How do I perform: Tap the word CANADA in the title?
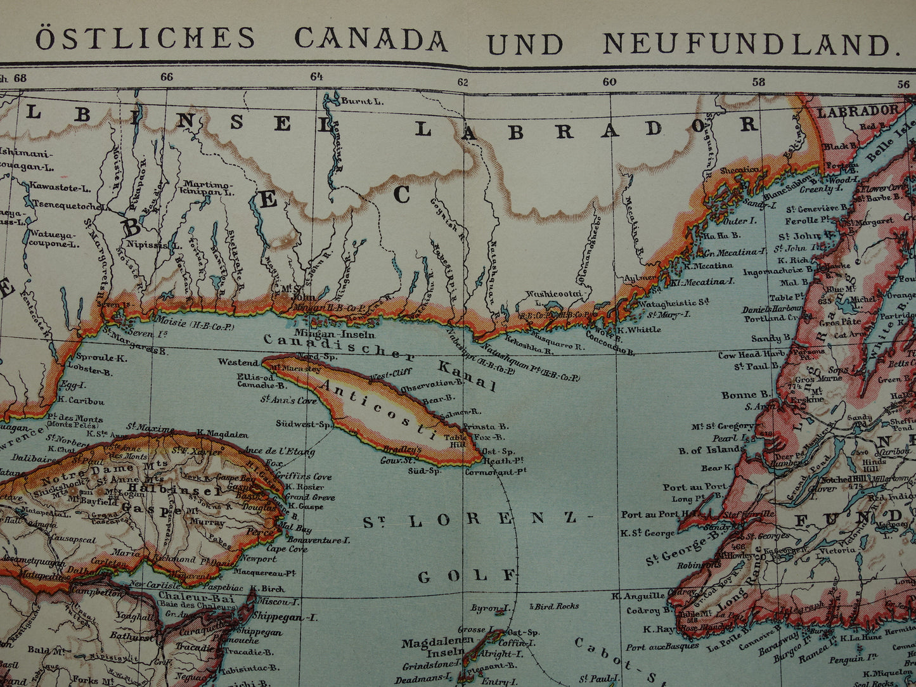tap(371, 39)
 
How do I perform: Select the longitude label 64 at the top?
tap(316, 77)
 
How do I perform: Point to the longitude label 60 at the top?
tap(609, 81)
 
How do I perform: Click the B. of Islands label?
tap(711, 449)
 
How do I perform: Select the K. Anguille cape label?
tap(638, 596)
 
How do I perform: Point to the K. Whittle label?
tap(639, 330)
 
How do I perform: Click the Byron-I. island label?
tap(491, 608)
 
